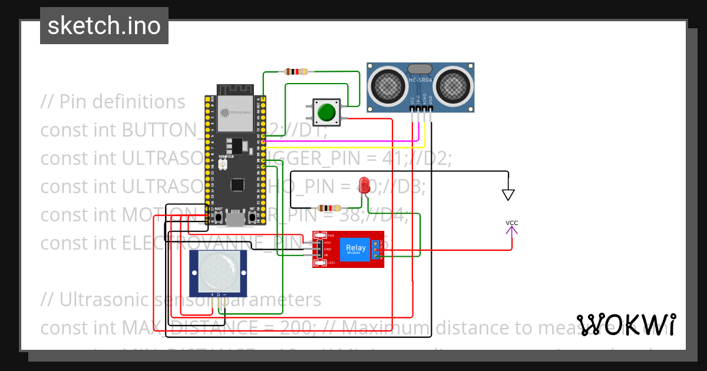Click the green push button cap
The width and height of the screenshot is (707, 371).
point(326,112)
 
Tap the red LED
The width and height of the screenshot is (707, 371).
point(364,183)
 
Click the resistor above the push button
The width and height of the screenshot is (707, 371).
point(296,72)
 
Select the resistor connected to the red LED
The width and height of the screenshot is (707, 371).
point(328,208)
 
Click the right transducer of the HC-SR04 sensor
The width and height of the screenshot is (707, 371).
point(454,85)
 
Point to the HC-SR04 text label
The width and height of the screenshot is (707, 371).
point(421,80)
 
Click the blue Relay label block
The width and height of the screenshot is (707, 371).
point(356,249)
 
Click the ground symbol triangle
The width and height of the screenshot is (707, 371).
point(508,194)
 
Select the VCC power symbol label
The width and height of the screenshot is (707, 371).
point(512,223)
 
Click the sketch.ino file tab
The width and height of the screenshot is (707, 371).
point(104,26)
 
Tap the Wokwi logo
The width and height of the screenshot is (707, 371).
point(626,324)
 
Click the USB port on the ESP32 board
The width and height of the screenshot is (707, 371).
point(236,219)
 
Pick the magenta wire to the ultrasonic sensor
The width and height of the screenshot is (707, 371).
point(342,142)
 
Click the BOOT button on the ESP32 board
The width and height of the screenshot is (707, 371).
point(219,217)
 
